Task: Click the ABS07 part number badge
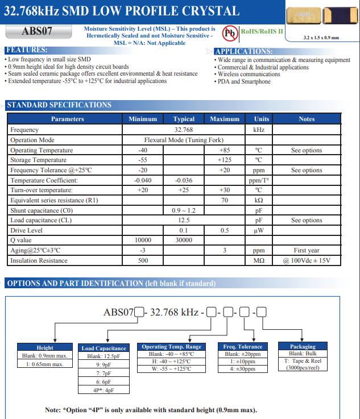click(37, 32)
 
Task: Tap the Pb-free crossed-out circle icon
click(230, 33)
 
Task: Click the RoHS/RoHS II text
click(262, 31)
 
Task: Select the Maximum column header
click(225, 119)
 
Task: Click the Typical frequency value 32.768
click(184, 130)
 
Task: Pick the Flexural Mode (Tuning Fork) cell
click(184, 140)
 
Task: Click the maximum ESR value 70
click(225, 201)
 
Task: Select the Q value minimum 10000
click(143, 240)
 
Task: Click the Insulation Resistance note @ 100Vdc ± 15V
click(307, 260)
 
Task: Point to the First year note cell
click(307, 250)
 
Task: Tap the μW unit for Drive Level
click(258, 230)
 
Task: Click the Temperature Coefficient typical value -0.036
click(184, 180)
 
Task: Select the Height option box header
click(45, 347)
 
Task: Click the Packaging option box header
click(303, 346)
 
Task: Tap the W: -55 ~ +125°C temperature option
click(171, 368)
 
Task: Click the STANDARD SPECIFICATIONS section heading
click(59, 105)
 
